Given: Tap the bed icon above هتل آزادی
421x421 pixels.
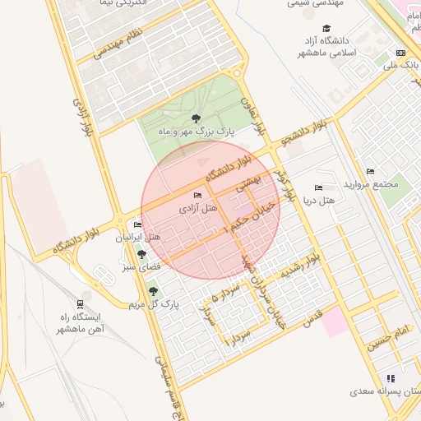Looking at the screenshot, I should point(197,195).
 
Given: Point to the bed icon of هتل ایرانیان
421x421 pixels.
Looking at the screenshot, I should point(137,224).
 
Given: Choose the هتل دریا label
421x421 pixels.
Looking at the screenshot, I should point(319,201).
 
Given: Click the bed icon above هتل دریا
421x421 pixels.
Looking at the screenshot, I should point(319,188).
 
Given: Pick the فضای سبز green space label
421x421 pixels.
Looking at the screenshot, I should point(141,266).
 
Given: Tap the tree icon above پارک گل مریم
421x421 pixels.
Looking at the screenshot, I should point(153,291).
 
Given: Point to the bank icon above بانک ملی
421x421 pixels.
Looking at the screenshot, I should point(400,53).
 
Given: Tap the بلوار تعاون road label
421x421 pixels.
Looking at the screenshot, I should point(253,114).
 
